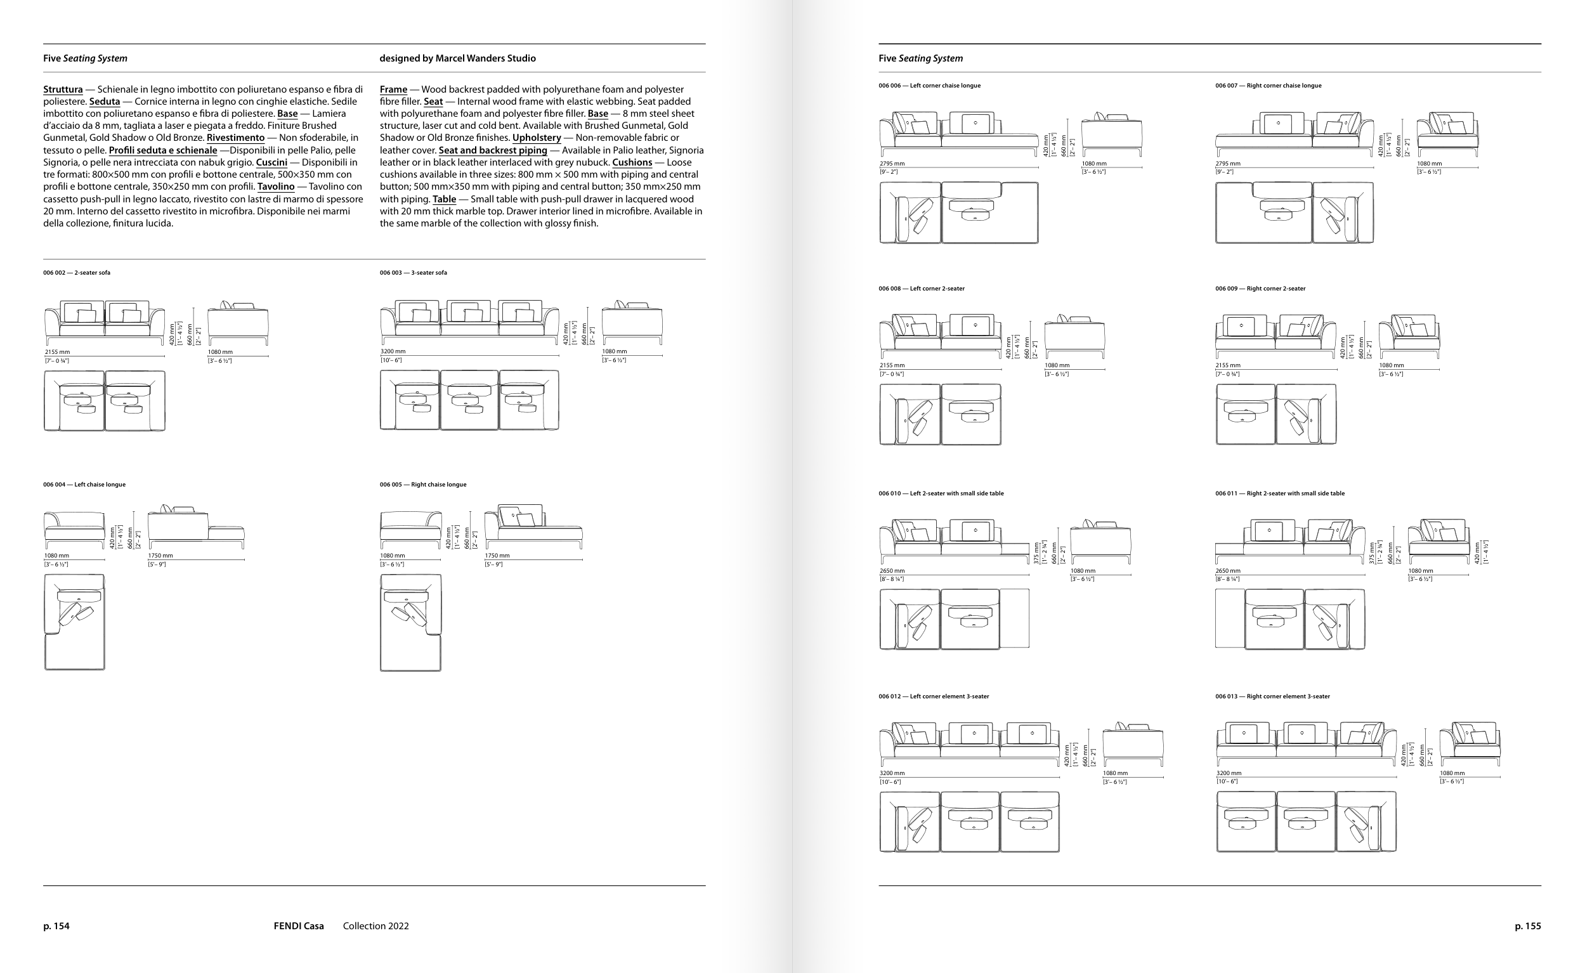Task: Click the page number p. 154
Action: (x=56, y=926)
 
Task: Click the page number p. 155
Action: (x=1527, y=926)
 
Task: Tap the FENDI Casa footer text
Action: (x=299, y=926)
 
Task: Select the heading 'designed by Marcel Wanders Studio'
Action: (x=457, y=58)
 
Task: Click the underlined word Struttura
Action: (x=63, y=89)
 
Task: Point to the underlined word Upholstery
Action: (x=536, y=138)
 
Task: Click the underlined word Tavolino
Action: (x=275, y=186)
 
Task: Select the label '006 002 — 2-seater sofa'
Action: (x=77, y=273)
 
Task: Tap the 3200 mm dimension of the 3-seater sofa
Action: (x=393, y=351)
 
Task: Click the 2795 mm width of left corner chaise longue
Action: (x=892, y=164)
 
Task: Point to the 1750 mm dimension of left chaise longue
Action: (x=160, y=556)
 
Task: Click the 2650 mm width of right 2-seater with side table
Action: (x=1227, y=571)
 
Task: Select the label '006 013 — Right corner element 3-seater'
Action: (x=1272, y=696)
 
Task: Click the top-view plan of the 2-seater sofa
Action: (x=104, y=400)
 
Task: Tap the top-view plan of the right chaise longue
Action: (x=410, y=622)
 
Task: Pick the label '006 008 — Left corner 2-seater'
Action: (x=921, y=289)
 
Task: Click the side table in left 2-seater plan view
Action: (x=1014, y=618)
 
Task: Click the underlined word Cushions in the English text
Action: (x=631, y=162)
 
